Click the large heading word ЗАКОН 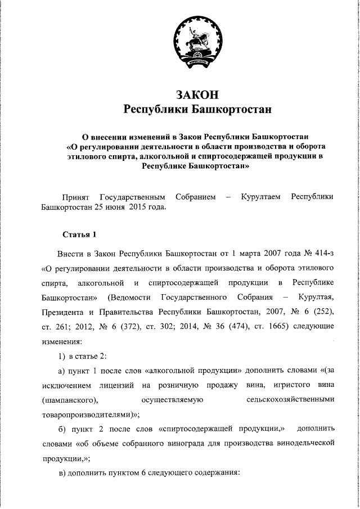[x=197, y=93]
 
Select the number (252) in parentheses [x=322, y=311]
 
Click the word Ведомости [x=133, y=296]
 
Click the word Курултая [x=316, y=296]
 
